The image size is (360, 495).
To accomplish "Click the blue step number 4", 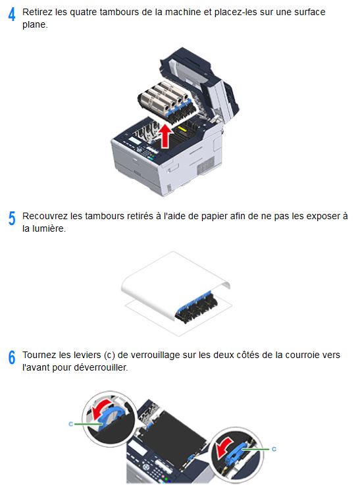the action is tap(12, 14).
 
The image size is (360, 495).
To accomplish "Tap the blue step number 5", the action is tap(12, 218).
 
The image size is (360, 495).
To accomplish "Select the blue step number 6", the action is tap(12, 357).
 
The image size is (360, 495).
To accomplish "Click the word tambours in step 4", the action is tap(118, 12).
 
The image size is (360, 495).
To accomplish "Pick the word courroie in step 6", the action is tap(299, 355).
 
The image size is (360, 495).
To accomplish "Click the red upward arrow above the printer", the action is tap(165, 136).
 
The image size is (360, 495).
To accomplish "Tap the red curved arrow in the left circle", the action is tap(101, 410).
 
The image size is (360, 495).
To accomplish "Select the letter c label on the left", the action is tap(70, 424).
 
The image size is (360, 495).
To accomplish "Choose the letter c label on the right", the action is tap(274, 449).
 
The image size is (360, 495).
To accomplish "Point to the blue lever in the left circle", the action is tap(111, 417).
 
